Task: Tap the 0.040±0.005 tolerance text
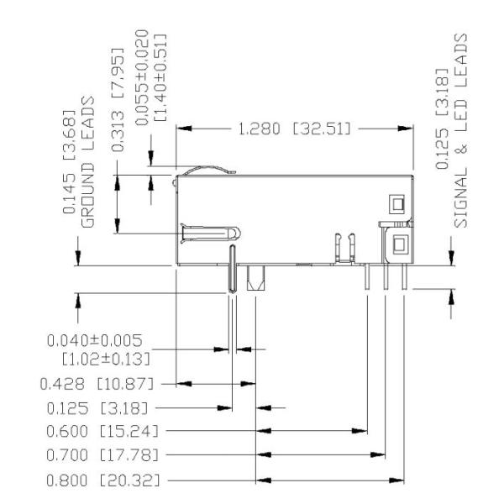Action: tap(95, 340)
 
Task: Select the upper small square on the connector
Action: tap(396, 202)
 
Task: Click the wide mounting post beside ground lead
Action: tap(255, 278)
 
